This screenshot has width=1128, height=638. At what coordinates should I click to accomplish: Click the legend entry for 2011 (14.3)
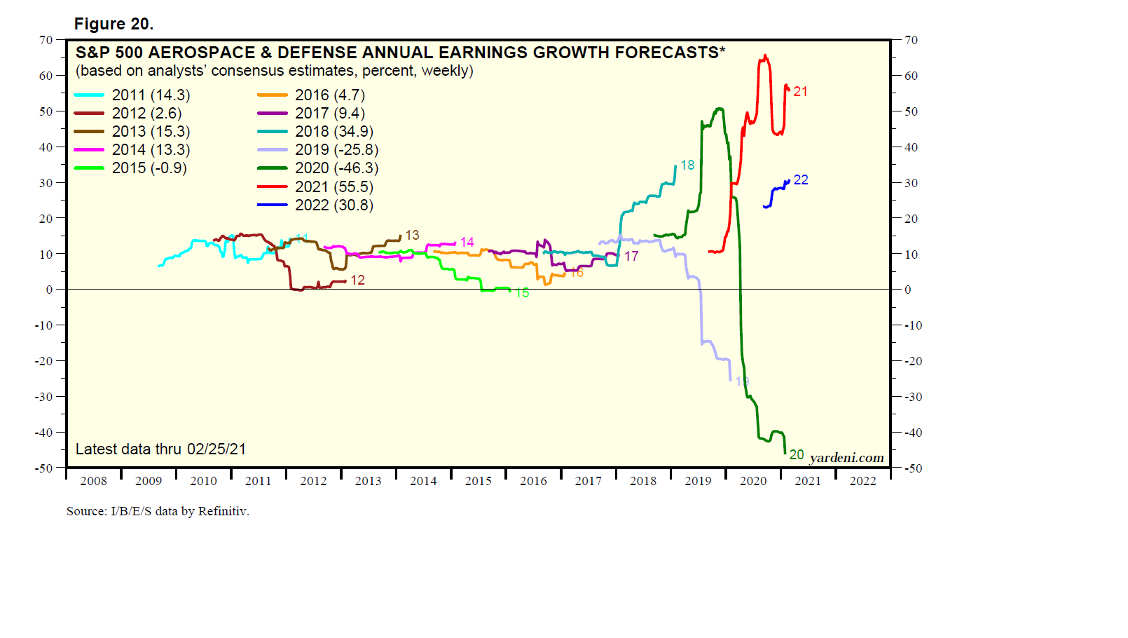(151, 95)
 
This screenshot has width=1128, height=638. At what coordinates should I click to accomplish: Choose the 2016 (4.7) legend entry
(330, 95)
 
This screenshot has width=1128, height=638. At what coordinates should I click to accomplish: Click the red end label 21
(800, 92)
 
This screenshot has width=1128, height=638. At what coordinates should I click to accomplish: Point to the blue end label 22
(801, 180)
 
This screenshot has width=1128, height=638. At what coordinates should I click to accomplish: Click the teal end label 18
(687, 165)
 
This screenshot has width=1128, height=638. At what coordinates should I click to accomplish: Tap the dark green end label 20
(797, 455)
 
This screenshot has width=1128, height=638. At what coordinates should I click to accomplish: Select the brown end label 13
(412, 236)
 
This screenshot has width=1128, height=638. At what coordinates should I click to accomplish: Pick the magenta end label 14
(467, 243)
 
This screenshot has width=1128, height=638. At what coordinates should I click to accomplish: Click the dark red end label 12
(357, 280)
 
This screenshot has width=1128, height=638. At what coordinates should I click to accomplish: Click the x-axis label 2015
(479, 481)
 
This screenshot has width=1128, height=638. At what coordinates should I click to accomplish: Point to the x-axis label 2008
(94, 481)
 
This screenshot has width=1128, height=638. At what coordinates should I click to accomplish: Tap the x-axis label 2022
(862, 481)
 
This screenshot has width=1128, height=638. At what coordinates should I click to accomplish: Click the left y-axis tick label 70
(46, 40)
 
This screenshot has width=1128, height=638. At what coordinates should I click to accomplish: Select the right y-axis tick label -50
(913, 468)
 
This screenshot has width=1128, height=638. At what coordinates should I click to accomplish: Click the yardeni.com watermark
(846, 458)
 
